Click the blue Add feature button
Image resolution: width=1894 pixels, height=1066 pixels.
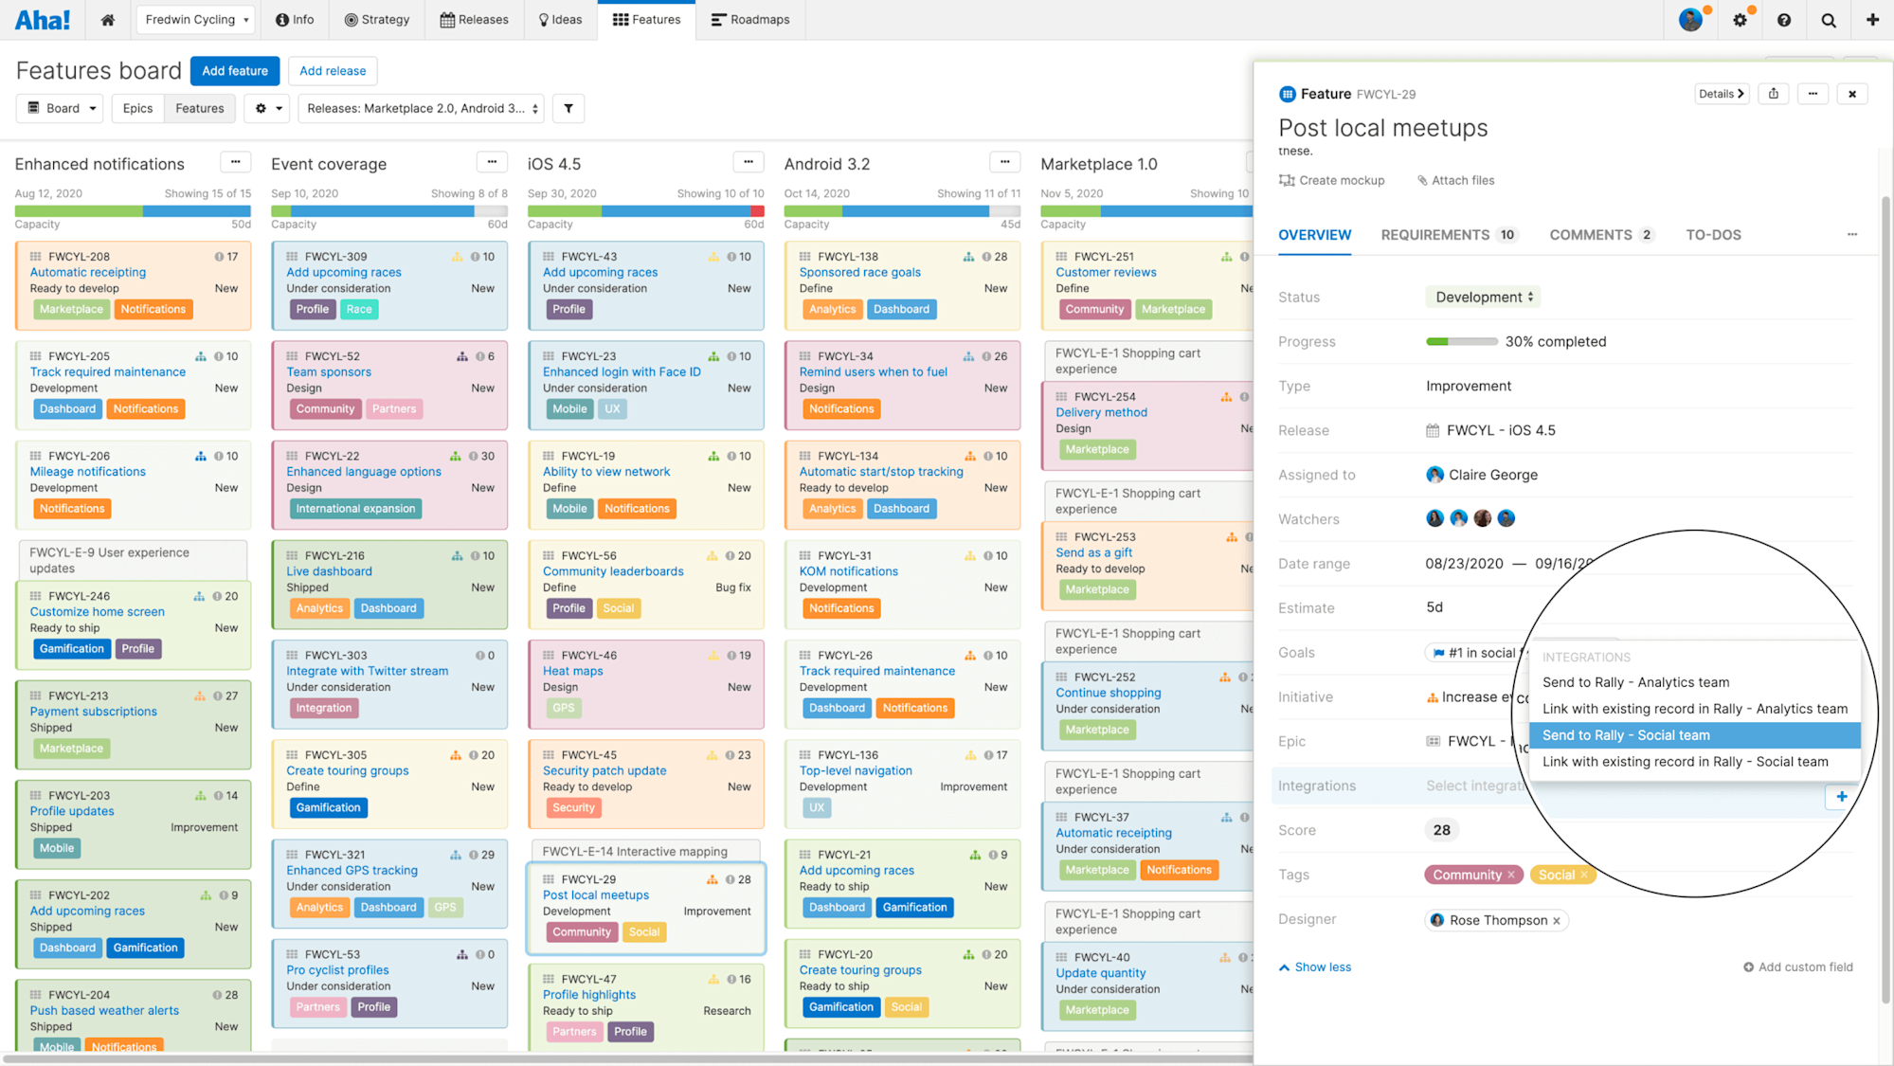click(234, 71)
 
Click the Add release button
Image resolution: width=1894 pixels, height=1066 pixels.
click(333, 71)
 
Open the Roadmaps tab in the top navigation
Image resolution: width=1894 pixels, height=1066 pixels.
click(749, 19)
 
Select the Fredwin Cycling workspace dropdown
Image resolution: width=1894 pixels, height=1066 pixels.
click(197, 19)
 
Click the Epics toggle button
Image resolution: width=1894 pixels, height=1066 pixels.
click(137, 108)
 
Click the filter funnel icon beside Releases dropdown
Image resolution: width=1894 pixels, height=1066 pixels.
click(568, 108)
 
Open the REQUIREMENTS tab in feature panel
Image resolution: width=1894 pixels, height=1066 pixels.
click(1434, 235)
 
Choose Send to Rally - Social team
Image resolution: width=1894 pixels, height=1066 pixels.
click(1626, 735)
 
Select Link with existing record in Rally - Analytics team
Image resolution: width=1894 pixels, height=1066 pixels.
click(1694, 709)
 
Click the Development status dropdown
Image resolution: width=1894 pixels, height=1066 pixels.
click(1483, 297)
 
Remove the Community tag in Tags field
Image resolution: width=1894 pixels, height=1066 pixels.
click(1511, 875)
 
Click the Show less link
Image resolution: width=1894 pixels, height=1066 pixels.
click(1322, 967)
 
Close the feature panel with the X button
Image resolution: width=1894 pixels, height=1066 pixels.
click(1851, 94)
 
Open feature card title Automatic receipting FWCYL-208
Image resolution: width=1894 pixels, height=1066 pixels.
click(88, 272)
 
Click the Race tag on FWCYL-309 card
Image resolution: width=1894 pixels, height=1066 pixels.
click(359, 309)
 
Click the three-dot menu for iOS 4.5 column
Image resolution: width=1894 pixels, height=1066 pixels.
click(748, 162)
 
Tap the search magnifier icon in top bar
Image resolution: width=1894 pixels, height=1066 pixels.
click(1828, 20)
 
